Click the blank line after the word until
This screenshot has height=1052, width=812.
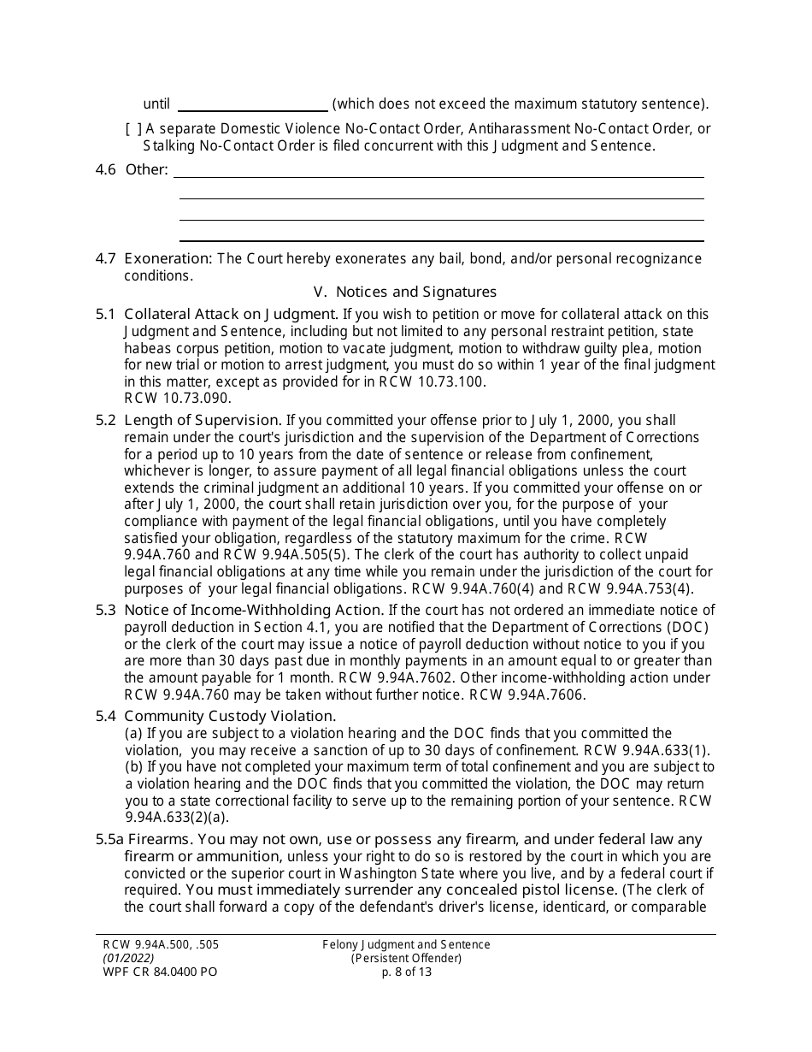(x=252, y=105)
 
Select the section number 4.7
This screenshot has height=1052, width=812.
(x=105, y=258)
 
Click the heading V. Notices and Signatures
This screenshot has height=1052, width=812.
(x=404, y=292)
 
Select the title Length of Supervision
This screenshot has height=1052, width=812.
(x=203, y=420)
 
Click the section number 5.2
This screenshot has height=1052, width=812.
(x=105, y=420)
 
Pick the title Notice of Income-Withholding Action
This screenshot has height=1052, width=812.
(x=253, y=610)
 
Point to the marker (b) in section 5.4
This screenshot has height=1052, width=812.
(x=134, y=767)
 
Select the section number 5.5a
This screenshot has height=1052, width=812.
(x=109, y=840)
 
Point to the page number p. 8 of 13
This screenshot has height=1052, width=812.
(x=406, y=972)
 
